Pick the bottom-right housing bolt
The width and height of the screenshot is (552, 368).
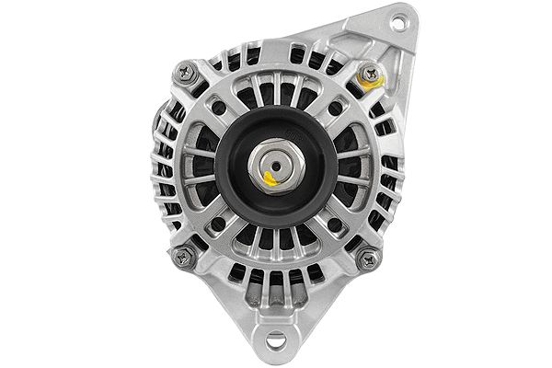pos(370,258)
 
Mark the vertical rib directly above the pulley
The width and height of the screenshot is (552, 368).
pos(275,97)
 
